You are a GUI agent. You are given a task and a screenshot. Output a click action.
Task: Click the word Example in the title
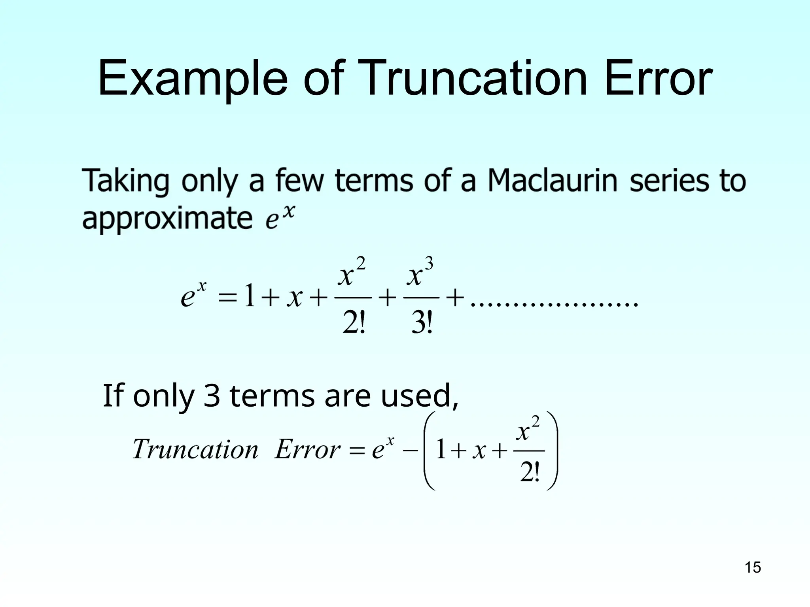[x=193, y=79]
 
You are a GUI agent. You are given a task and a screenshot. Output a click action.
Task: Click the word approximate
[x=167, y=219]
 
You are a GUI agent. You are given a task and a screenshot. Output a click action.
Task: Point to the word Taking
[x=125, y=181]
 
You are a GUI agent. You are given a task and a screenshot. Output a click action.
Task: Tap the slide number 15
[x=753, y=567]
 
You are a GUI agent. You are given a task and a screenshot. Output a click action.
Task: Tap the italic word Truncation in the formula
[x=195, y=450]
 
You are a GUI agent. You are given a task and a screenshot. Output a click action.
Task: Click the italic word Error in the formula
[x=307, y=450]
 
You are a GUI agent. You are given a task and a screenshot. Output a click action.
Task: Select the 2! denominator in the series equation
[x=353, y=324]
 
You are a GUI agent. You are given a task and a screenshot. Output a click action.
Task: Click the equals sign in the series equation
[x=227, y=298]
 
